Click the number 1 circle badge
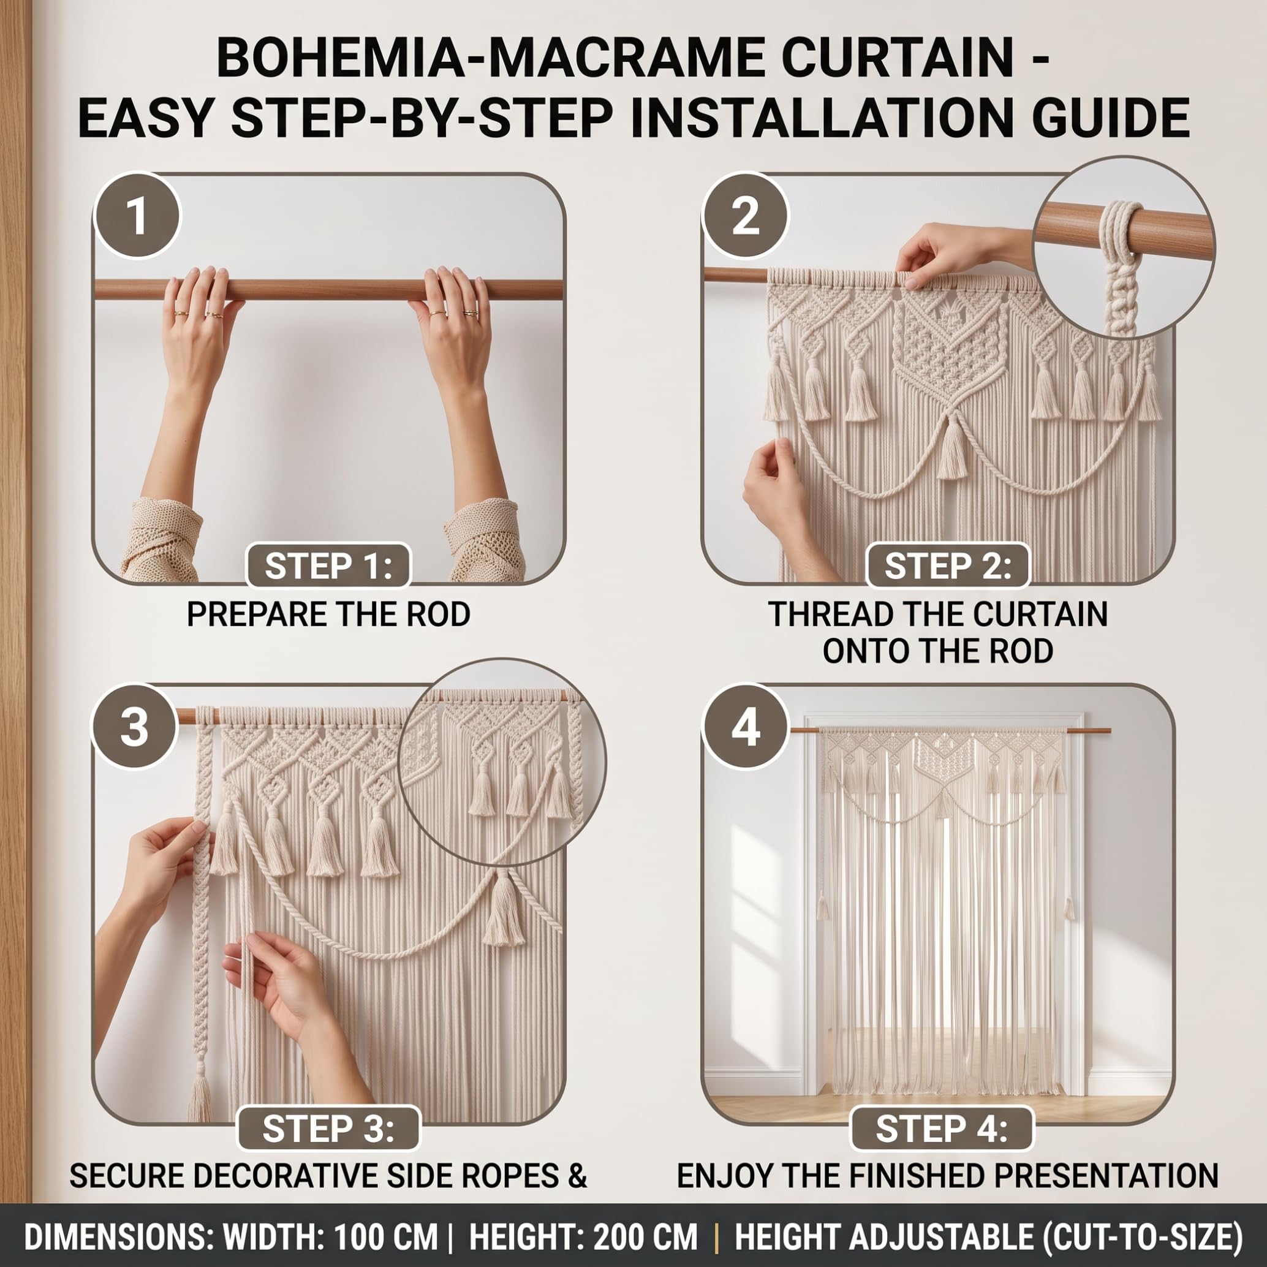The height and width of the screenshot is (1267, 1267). click(137, 216)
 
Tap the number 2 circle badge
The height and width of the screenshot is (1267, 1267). click(745, 216)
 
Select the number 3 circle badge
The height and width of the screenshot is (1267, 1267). click(134, 727)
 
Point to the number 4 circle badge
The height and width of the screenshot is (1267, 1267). click(745, 727)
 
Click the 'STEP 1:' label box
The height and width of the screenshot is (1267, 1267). click(328, 567)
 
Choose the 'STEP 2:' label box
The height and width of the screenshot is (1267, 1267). click(948, 567)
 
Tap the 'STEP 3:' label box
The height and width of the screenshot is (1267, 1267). click(328, 1129)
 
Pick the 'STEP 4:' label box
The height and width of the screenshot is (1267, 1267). click(941, 1129)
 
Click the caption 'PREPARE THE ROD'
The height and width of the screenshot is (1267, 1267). click(328, 615)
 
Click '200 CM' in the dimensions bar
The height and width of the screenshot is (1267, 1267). click(645, 1238)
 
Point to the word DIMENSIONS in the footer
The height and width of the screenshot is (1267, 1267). click(115, 1238)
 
